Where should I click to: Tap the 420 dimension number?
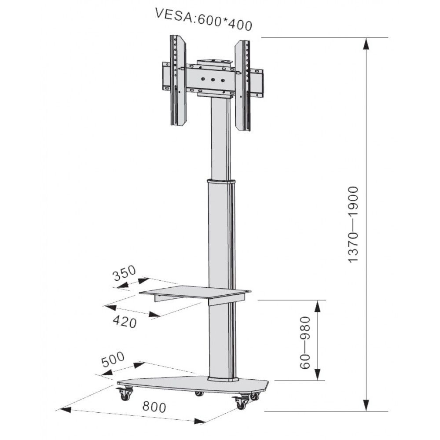(125, 322)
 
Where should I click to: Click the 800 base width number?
(154, 407)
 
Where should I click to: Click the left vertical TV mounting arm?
(178, 80)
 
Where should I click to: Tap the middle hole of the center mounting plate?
(213, 80)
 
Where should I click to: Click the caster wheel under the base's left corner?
(125, 394)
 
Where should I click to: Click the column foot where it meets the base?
(223, 378)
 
